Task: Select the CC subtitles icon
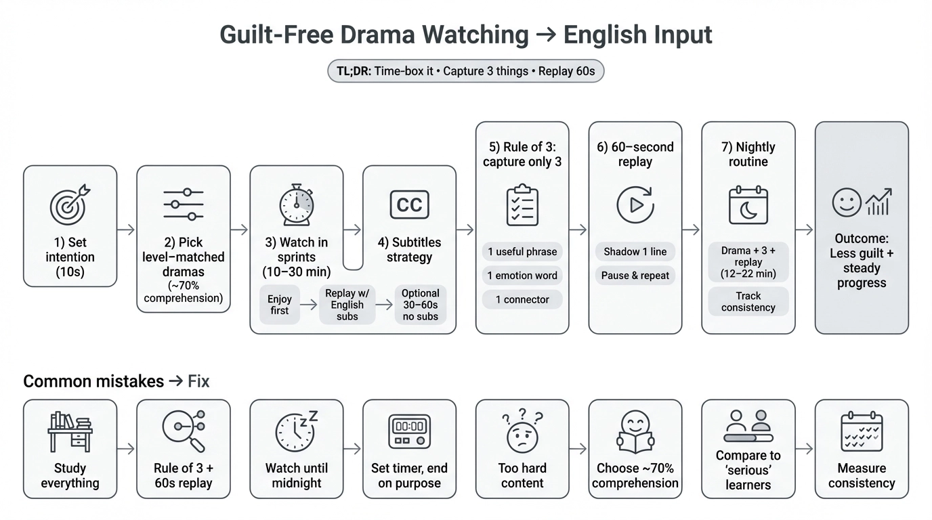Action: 409,204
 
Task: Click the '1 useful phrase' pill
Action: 522,252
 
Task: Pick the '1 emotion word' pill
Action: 522,276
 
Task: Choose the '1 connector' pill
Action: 522,299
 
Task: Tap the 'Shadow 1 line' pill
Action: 635,252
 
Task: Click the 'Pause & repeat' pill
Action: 635,276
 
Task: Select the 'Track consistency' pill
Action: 748,301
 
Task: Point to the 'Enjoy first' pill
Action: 279,305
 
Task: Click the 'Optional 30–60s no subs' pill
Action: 420,305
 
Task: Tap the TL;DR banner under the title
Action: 465,71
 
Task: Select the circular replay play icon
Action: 635,205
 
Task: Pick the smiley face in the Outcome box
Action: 847,203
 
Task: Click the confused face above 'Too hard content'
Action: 522,433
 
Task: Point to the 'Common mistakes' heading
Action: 93,382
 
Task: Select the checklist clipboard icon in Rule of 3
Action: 522,205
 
